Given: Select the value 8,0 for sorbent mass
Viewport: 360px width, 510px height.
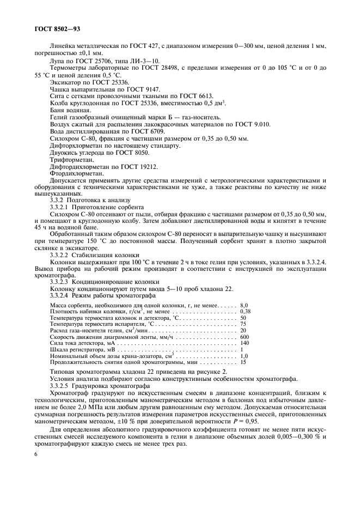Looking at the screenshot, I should coord(244,305).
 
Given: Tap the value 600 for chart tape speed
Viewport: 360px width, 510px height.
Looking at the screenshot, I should coord(245,337).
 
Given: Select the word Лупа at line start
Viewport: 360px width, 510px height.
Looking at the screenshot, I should coord(57,60).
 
